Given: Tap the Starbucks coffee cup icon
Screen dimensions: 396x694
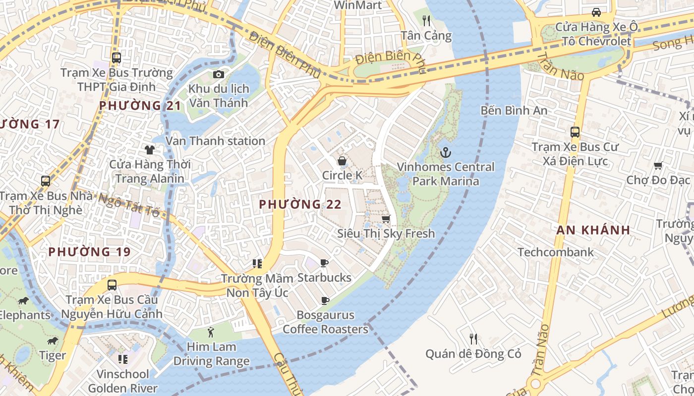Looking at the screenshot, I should (x=324, y=263).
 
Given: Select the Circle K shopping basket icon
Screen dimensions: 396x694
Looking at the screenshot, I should (x=342, y=160).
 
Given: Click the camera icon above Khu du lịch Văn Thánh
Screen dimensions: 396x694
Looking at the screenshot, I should (x=218, y=75).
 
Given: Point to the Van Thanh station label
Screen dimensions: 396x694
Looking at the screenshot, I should (x=215, y=141).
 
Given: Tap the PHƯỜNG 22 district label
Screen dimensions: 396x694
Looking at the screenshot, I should (x=300, y=204).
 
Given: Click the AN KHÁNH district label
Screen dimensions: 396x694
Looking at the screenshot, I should (x=593, y=230).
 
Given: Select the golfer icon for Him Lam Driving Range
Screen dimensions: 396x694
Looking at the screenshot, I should (x=211, y=332).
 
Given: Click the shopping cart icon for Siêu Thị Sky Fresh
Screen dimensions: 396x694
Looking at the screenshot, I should (x=386, y=218).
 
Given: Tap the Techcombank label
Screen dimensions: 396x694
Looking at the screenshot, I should (x=555, y=252).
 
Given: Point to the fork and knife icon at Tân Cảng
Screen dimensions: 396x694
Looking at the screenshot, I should (x=426, y=21).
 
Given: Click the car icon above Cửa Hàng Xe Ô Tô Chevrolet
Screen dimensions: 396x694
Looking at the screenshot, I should (x=596, y=12).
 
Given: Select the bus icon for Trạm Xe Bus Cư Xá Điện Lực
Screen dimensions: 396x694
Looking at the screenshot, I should (x=575, y=132).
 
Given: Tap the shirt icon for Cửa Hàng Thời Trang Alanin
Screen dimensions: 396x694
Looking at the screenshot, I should (x=149, y=149).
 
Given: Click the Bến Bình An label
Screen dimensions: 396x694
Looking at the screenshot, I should (x=514, y=110).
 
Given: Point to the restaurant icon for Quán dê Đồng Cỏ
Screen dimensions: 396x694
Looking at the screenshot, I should (x=473, y=339).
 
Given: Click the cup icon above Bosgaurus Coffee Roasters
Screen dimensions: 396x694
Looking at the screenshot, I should (x=325, y=300).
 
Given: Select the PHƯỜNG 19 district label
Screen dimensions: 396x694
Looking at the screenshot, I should (x=89, y=252).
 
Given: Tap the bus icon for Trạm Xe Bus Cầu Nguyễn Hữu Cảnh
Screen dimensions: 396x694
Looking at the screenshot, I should (x=112, y=285).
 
